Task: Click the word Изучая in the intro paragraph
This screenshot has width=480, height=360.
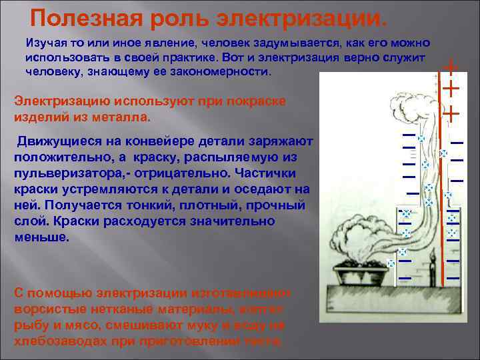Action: point(46,41)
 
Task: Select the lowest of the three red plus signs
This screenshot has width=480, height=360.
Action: point(451,113)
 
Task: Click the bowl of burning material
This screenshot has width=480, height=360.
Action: point(361,273)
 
